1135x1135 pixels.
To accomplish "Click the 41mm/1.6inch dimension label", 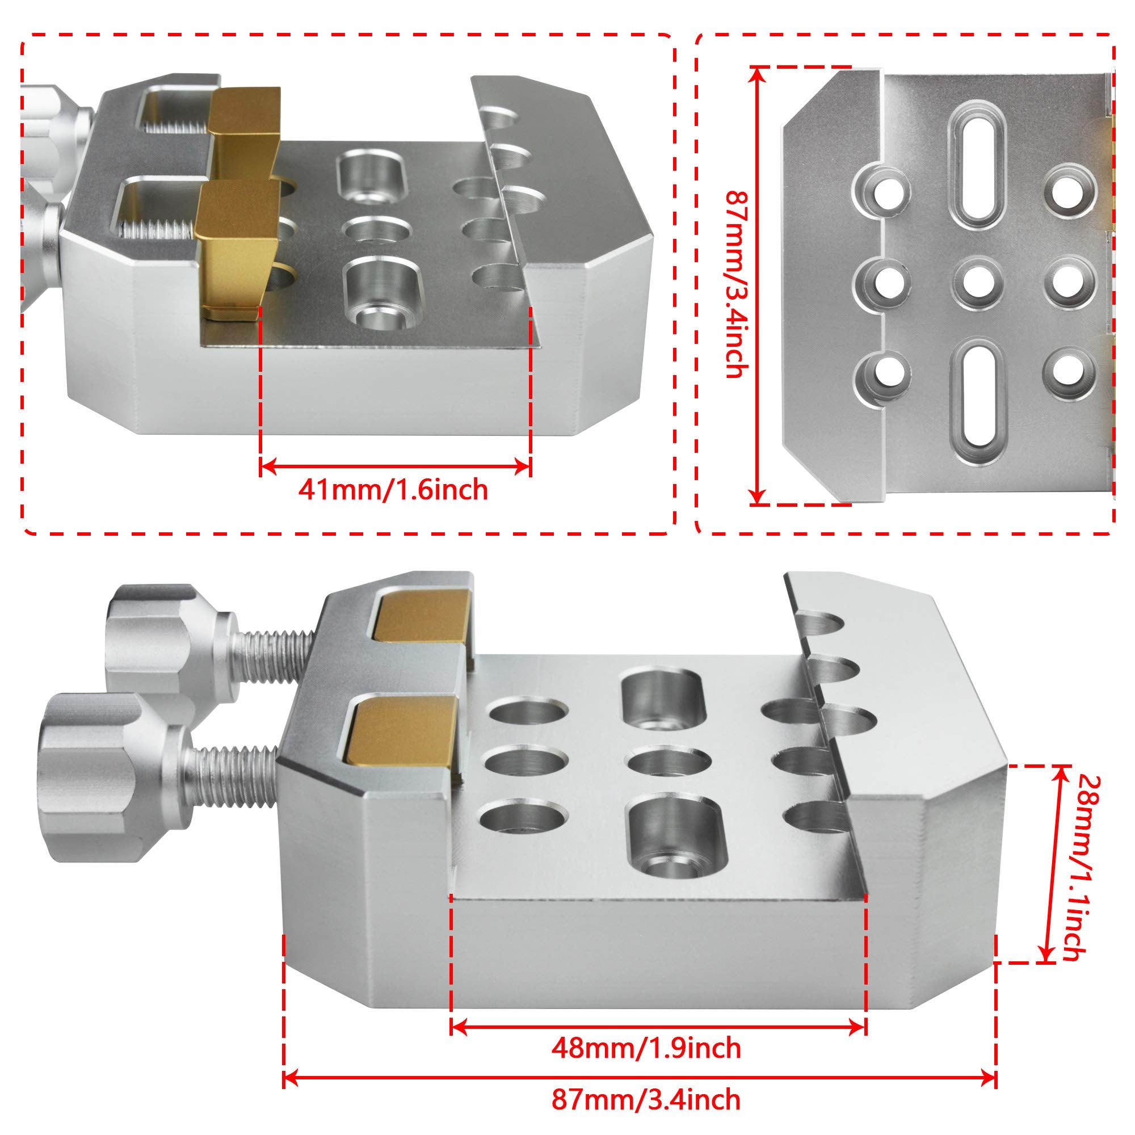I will [393, 489].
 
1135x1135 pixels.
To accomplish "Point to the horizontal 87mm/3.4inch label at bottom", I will [646, 1099].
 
